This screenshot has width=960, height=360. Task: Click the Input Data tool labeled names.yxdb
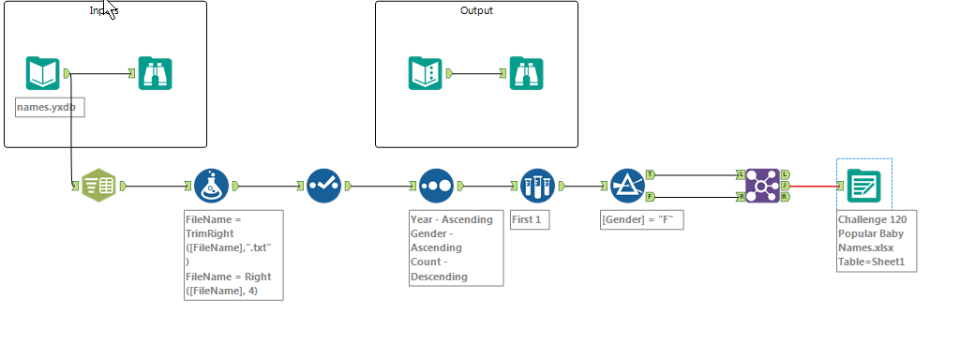coord(43,73)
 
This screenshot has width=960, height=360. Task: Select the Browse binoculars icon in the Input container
coord(155,73)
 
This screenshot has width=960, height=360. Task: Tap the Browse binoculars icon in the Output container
coord(526,73)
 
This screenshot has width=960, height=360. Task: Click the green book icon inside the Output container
coord(425,73)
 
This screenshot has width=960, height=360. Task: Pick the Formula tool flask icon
coord(212,186)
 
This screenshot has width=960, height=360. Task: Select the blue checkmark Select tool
coord(324,186)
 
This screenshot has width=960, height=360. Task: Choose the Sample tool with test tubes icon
coord(537,186)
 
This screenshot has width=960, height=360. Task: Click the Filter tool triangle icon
coord(625,186)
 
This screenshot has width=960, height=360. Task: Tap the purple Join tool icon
coord(762,186)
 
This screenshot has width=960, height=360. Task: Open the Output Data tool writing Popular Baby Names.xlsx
coord(862,186)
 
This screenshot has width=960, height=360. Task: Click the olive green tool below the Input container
coord(98,186)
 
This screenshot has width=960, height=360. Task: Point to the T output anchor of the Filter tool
coord(650,174)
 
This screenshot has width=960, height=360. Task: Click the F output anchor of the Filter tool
coord(650,197)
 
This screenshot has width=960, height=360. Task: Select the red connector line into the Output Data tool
coord(816,186)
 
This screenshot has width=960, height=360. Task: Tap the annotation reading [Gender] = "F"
coord(642,220)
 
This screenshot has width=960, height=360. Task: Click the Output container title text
coord(476,10)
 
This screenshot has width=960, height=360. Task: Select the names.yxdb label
coord(50,108)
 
